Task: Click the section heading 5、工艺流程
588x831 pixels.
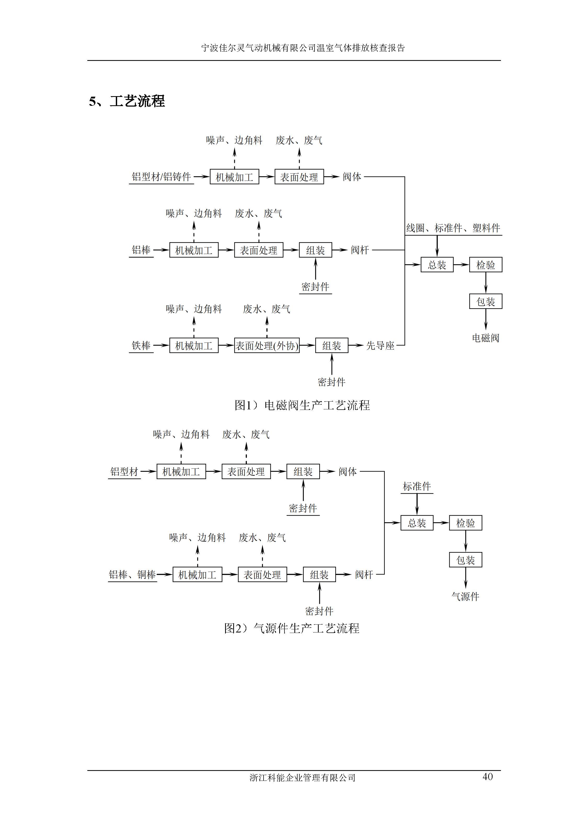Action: (x=127, y=101)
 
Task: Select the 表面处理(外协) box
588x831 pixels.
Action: (x=267, y=346)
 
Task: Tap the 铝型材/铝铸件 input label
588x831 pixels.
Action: (x=161, y=177)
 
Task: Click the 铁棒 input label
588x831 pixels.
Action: (x=141, y=346)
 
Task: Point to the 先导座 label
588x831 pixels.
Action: (x=380, y=346)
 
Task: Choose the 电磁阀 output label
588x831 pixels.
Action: (x=486, y=338)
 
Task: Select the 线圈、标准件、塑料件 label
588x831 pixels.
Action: (x=453, y=228)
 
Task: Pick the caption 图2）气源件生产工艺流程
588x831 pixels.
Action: (x=292, y=628)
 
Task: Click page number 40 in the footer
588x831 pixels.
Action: (x=487, y=776)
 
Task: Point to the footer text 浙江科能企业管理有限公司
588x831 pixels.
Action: (x=302, y=777)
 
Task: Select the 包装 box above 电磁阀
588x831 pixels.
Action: (x=486, y=301)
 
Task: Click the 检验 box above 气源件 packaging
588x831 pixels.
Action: (x=465, y=523)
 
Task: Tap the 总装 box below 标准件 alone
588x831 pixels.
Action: (x=417, y=523)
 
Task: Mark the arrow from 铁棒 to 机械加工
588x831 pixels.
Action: (x=161, y=346)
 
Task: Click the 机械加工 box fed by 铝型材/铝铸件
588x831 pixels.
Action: (x=235, y=177)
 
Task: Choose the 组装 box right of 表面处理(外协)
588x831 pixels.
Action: (x=332, y=346)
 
